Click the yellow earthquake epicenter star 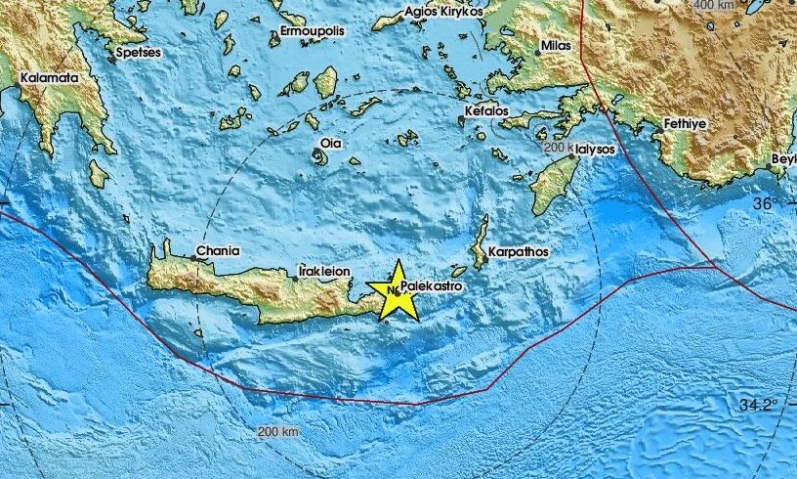click(397, 291)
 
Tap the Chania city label click(218, 251)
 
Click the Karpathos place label click(519, 251)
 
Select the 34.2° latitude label click(757, 404)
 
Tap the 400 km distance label click(713, 6)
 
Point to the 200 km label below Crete click(278, 431)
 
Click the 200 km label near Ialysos click(560, 148)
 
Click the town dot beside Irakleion click(296, 278)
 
